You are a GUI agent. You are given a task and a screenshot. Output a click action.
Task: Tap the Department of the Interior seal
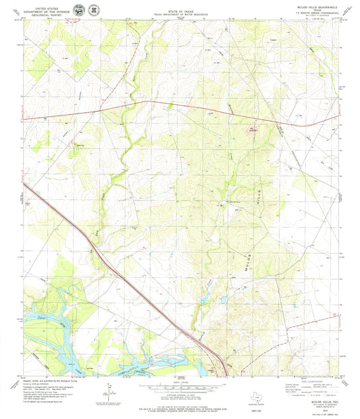79,11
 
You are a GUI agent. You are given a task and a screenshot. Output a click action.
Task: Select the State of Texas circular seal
91,11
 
